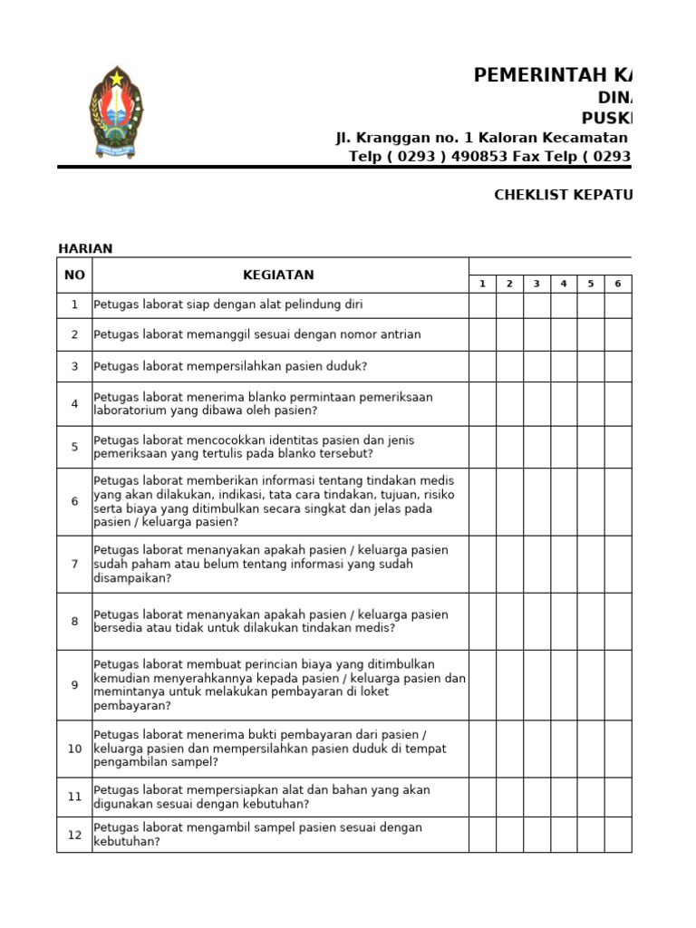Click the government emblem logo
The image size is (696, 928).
[116, 112]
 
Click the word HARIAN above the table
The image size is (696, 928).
[85, 248]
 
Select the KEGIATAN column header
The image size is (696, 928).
[278, 275]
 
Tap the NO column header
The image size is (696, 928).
[74, 275]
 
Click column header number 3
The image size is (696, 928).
[536, 284]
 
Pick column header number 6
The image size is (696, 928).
[617, 284]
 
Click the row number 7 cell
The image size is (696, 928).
[74, 564]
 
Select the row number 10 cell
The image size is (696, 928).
[74, 749]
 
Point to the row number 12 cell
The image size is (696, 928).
[74, 835]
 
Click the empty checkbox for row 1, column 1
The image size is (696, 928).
[482, 305]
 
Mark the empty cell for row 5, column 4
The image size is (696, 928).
[564, 447]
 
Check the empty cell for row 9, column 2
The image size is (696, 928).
[509, 685]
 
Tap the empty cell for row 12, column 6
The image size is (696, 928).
[617, 835]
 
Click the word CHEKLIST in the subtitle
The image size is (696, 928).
[528, 195]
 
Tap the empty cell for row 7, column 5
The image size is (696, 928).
[591, 564]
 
